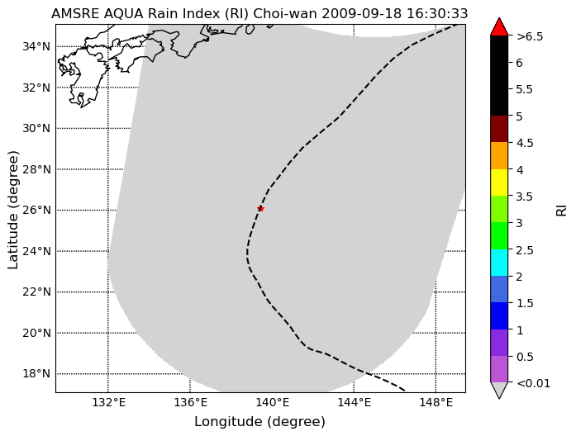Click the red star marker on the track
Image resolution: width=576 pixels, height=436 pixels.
point(260,209)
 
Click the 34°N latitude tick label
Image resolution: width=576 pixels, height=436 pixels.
point(36,46)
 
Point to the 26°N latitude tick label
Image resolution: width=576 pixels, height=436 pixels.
point(36,210)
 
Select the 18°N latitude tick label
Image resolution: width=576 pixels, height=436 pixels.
point(36,373)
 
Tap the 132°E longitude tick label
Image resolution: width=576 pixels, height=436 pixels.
point(108,403)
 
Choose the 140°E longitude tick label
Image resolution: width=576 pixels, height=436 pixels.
point(272,403)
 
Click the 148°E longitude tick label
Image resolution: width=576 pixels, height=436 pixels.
point(436,403)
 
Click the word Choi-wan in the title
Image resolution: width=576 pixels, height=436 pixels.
point(285,13)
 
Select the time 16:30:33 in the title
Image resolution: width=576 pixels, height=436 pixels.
point(437,13)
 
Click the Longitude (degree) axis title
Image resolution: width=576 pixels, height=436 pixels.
point(259,422)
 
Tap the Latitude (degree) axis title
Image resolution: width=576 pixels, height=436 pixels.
point(13,210)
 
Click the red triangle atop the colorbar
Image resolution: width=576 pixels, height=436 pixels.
point(499,26)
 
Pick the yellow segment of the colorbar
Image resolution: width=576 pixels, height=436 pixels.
point(499,182)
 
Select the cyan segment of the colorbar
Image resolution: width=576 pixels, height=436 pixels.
point(499,263)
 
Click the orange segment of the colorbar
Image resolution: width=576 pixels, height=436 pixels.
point(499,155)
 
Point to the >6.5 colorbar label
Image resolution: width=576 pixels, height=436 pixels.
point(530,36)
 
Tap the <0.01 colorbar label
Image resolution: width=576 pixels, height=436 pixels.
point(533,383)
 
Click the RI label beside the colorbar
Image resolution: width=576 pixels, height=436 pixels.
point(561,211)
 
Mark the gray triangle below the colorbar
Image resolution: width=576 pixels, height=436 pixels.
point(499,391)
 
